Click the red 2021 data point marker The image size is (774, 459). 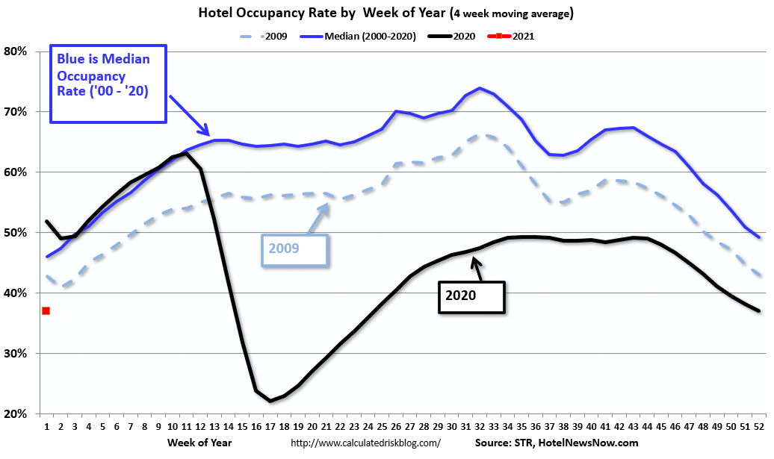(46, 310)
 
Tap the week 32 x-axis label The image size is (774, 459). (480, 428)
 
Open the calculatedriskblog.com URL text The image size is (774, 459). (365, 443)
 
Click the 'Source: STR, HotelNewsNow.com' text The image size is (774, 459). (557, 443)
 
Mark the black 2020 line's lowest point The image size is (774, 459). (270, 401)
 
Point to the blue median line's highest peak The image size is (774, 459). (480, 88)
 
